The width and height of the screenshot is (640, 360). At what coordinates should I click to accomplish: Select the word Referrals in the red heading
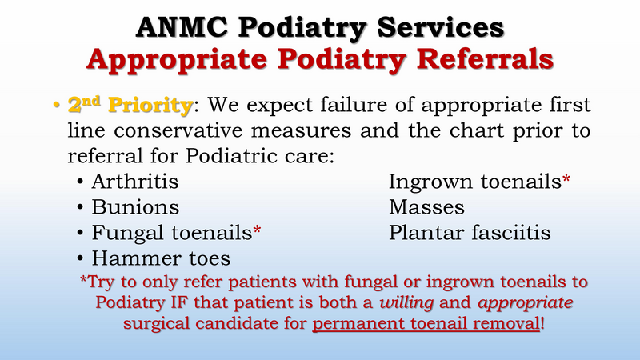pos(475,59)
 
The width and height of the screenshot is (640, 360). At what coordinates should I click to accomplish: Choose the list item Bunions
pos(135,207)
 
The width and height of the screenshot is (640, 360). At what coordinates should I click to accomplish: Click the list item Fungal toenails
pos(171,233)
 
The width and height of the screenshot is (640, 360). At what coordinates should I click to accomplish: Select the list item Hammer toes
pos(161,258)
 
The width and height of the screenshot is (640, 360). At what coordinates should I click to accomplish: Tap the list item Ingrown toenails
pos(474,182)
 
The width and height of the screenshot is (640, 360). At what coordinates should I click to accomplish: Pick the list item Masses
pos(426,207)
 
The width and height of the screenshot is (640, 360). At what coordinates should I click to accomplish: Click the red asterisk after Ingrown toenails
pos(566,181)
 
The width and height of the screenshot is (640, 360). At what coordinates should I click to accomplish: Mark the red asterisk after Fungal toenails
pos(258,231)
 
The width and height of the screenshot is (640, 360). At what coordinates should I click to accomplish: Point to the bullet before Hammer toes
pos(82,259)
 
